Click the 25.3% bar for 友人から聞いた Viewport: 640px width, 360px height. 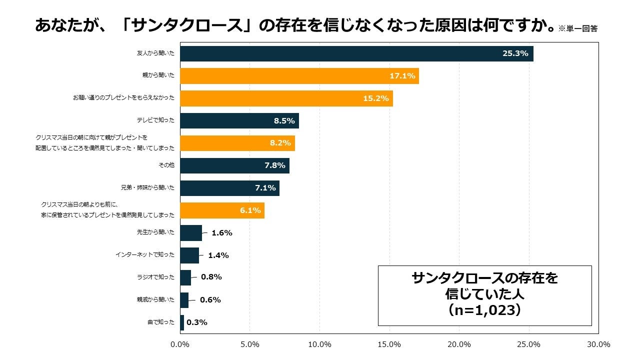click(x=356, y=53)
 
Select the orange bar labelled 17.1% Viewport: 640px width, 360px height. click(x=299, y=76)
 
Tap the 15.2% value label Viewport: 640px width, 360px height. click(x=376, y=98)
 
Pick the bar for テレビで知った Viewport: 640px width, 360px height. click(x=239, y=120)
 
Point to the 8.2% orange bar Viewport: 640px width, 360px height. click(x=237, y=143)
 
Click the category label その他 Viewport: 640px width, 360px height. click(x=166, y=165)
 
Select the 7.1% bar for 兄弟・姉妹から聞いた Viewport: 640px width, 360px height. click(x=229, y=188)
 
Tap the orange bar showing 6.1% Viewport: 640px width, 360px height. click(x=222, y=210)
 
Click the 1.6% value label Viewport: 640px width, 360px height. click(x=222, y=233)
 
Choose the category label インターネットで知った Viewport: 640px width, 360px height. click(x=145, y=255)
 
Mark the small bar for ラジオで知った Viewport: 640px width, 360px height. click(x=185, y=277)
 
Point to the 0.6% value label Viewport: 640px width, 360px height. click(x=210, y=300)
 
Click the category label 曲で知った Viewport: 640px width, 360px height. click(x=161, y=322)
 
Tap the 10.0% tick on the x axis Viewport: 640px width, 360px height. click(x=319, y=344)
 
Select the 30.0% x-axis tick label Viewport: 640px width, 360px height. click(x=598, y=344)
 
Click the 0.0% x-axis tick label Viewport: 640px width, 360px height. click(x=180, y=344)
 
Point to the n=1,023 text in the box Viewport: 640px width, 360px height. click(x=484, y=310)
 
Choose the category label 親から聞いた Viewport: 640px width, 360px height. click(x=158, y=76)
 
